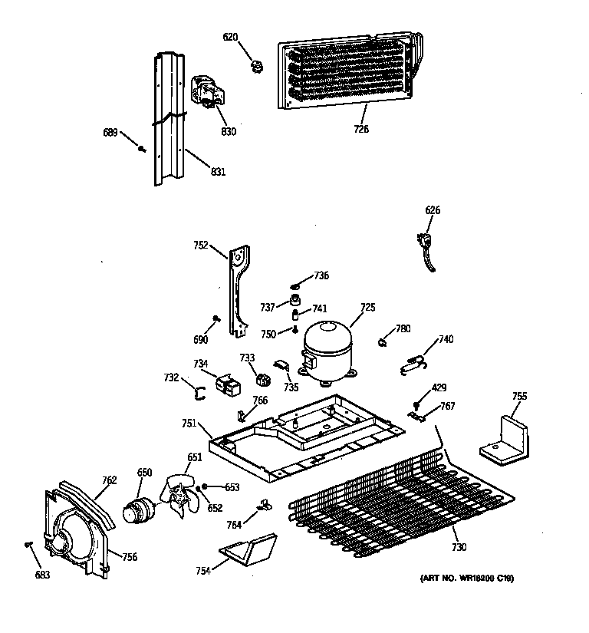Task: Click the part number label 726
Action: pyautogui.click(x=361, y=129)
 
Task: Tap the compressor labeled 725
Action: pyautogui.click(x=326, y=350)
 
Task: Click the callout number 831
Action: pyautogui.click(x=217, y=172)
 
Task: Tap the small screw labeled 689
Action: pyautogui.click(x=143, y=148)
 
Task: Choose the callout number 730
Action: pyautogui.click(x=459, y=548)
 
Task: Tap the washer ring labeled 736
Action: pyautogui.click(x=298, y=285)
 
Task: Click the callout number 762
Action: pyautogui.click(x=109, y=480)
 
